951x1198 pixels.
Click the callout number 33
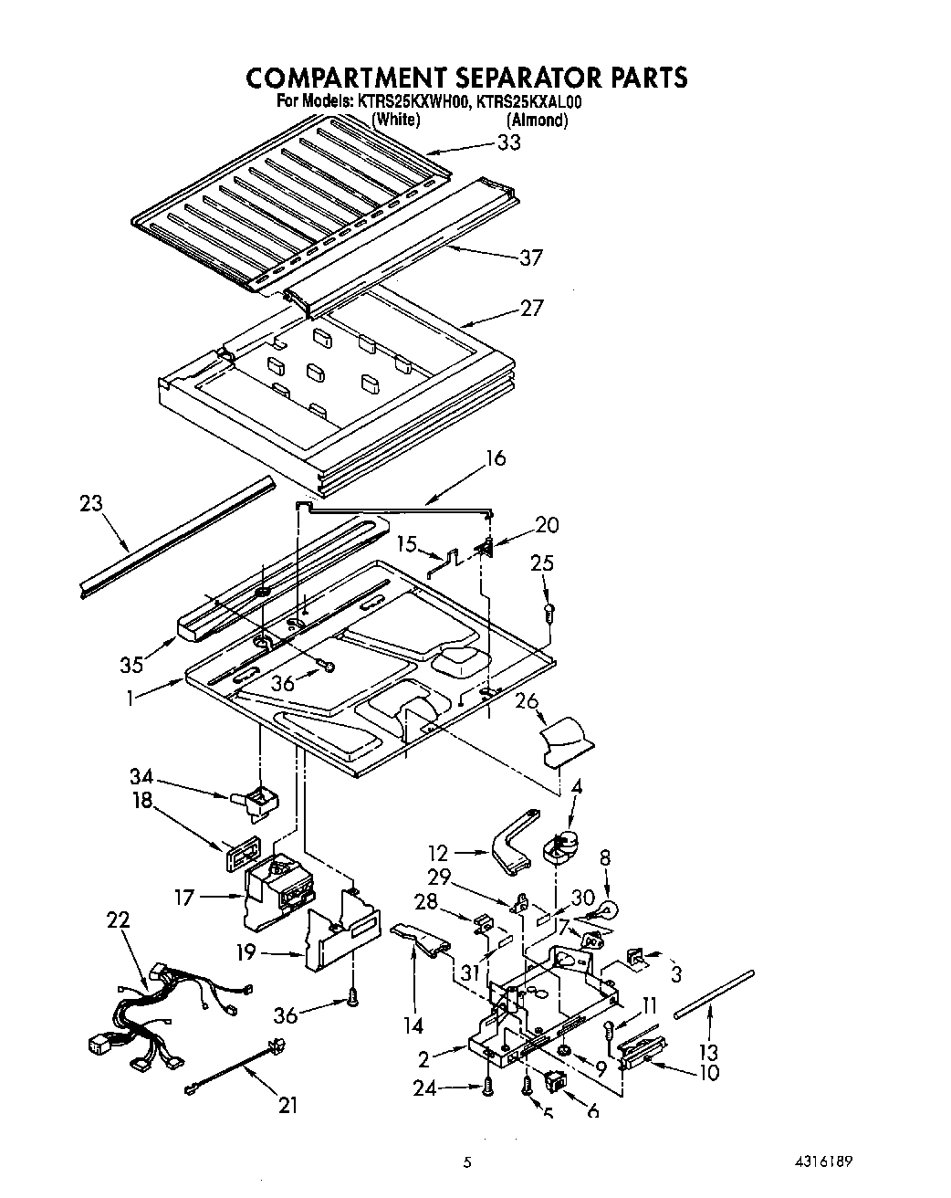508,142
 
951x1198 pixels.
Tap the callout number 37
530,258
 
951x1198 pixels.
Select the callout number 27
530,309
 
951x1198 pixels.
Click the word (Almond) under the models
538,120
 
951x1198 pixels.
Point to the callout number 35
131,665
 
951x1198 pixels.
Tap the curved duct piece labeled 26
564,738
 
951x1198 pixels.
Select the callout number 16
495,458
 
